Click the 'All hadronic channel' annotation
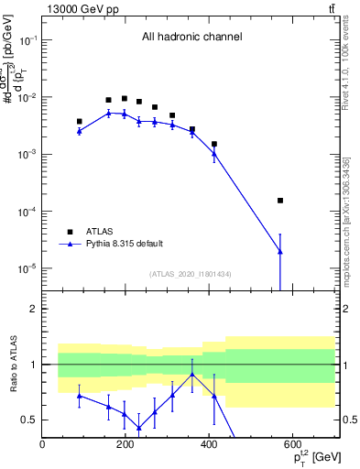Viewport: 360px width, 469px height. click(191, 38)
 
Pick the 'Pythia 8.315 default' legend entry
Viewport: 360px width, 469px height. click(124, 244)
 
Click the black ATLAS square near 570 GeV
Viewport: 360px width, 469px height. click(280, 200)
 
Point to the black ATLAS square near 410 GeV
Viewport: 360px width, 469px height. click(214, 144)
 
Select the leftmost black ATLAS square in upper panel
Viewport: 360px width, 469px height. click(80, 121)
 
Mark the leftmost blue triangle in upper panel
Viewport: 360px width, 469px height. click(80, 131)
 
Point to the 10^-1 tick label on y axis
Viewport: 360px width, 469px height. click(27, 41)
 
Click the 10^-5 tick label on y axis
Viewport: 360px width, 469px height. click(27, 268)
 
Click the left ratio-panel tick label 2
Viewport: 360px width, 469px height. click(33, 309)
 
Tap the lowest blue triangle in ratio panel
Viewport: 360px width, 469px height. click(138, 428)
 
